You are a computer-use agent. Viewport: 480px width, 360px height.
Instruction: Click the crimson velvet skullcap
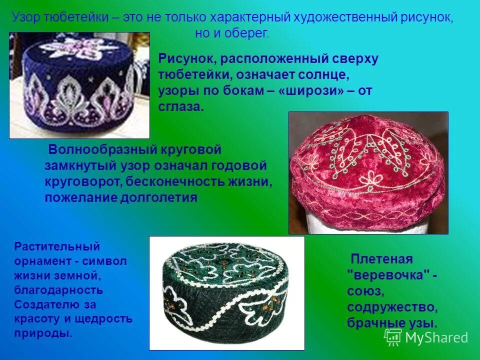tap(367, 170)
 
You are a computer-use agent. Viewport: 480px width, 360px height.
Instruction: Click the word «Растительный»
tap(57, 246)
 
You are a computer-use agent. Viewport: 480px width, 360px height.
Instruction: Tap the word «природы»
tap(43, 333)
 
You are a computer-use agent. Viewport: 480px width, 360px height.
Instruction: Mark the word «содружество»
tap(392, 306)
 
